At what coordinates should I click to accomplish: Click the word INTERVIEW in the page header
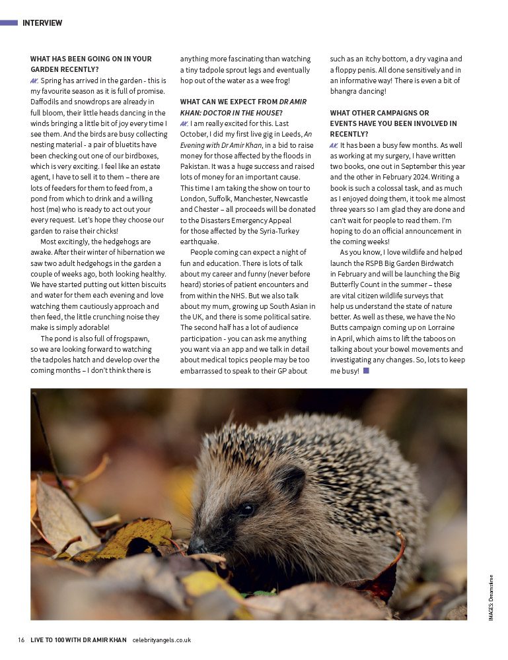(x=42, y=23)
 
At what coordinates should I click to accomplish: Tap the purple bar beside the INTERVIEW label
(x=9, y=22)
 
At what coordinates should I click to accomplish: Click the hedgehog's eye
(x=246, y=508)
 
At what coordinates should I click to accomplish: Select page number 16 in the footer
(x=21, y=640)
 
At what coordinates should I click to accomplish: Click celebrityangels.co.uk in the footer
(x=162, y=640)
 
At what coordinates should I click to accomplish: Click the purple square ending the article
(x=366, y=371)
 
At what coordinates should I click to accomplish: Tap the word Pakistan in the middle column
(x=196, y=166)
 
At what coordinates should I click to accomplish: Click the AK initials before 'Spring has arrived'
(x=34, y=81)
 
